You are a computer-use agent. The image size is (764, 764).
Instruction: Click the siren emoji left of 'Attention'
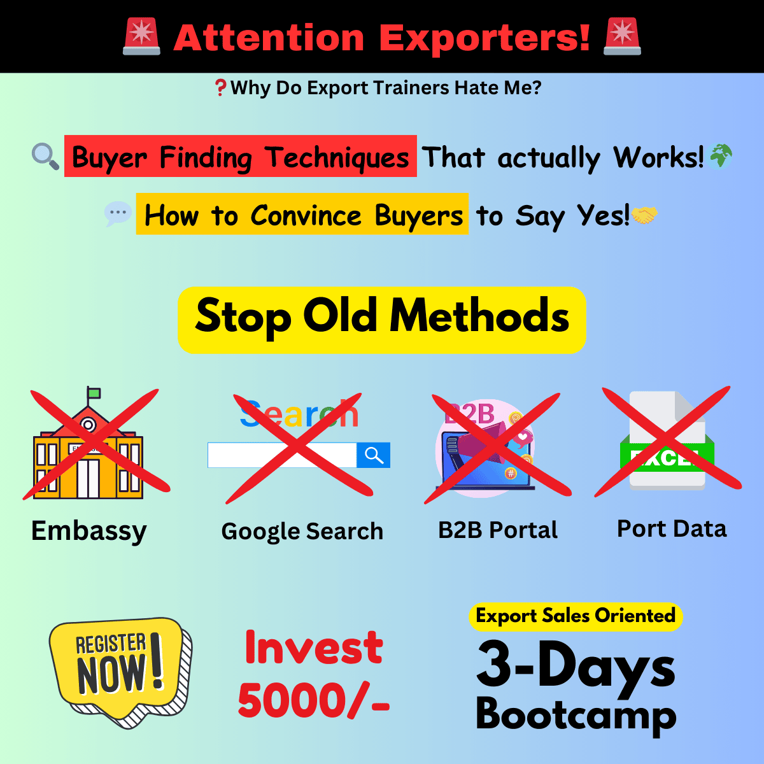point(141,36)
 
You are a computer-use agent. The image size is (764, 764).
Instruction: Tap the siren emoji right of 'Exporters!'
point(622,36)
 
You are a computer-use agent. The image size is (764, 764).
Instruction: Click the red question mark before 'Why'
point(220,88)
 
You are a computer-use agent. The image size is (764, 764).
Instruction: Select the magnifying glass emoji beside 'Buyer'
point(46,156)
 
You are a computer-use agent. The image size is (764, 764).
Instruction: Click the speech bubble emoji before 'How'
point(118,213)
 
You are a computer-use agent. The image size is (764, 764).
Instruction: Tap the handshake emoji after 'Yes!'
point(644,215)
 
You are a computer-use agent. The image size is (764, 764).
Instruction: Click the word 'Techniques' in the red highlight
point(337,157)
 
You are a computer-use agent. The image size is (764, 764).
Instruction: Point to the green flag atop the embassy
point(94,393)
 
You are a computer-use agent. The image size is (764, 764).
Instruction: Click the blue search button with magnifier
point(374,455)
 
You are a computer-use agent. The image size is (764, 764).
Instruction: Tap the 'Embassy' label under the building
point(89,530)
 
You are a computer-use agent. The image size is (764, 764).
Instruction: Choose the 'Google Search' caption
point(302,531)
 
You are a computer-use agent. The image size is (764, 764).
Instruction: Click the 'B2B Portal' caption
point(498,530)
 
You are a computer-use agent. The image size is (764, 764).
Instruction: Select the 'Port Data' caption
point(672,528)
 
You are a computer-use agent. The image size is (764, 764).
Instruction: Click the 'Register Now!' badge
point(120,672)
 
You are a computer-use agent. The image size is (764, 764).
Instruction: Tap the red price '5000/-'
point(314,700)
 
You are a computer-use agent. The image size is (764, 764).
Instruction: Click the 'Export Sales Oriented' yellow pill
point(576,616)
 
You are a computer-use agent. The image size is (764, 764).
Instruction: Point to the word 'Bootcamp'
point(576,714)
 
